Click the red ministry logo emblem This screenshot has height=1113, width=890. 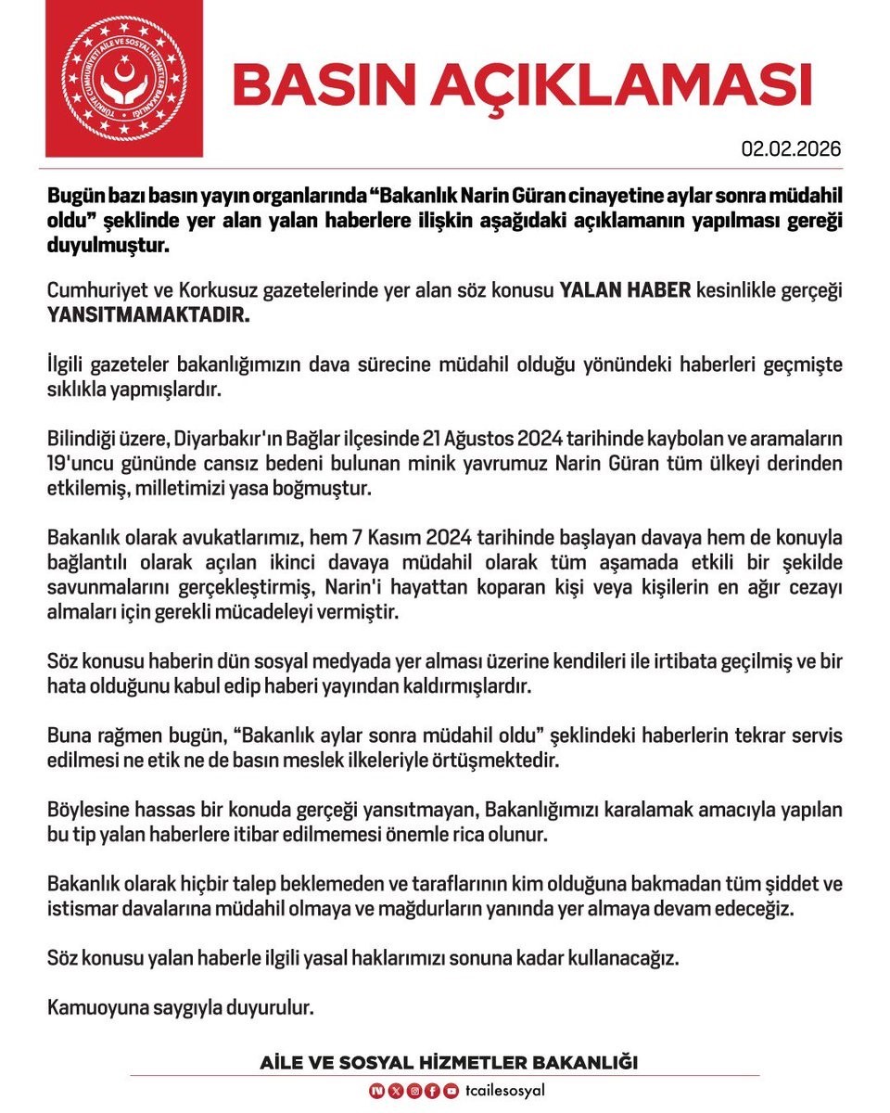(124, 78)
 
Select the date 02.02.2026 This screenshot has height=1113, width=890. (791, 149)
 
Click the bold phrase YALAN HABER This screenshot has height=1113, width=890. (626, 290)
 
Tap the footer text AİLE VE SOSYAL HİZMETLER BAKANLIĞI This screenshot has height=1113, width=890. (449, 1062)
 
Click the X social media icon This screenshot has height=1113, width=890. (398, 1091)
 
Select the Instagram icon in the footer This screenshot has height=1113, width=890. (415, 1091)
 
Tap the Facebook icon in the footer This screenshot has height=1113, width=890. (433, 1091)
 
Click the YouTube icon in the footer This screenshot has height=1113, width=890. (451, 1091)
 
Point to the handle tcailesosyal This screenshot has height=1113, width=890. (504, 1091)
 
